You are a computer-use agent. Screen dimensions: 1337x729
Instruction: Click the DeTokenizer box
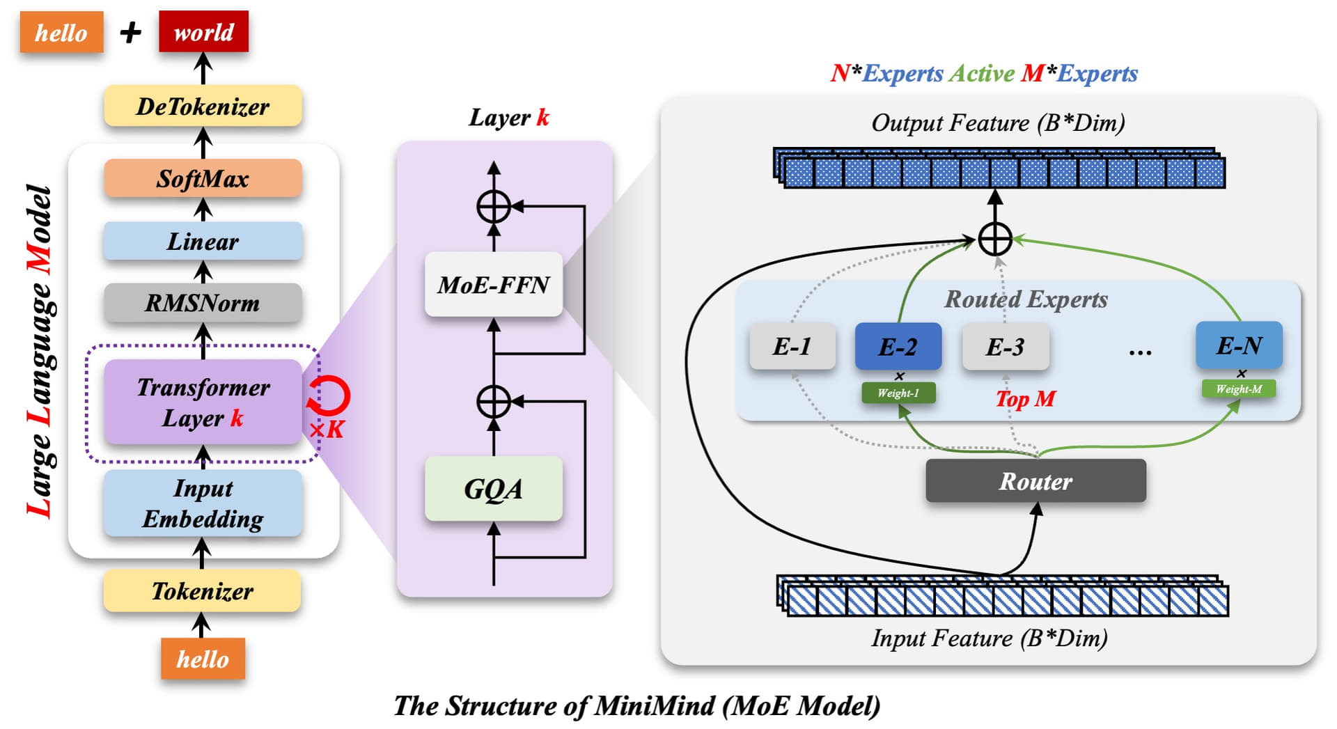tap(203, 106)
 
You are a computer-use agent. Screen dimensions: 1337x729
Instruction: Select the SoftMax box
tap(203, 178)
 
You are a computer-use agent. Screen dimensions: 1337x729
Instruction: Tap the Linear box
tap(203, 241)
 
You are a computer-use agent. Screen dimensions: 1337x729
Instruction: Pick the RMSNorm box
tap(203, 302)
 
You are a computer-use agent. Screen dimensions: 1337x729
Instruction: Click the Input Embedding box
tap(203, 503)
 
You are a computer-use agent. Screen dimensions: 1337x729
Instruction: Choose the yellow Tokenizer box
tap(202, 590)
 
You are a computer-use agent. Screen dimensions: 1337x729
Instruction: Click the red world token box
tap(203, 31)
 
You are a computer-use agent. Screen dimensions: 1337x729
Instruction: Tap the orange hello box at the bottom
tap(203, 658)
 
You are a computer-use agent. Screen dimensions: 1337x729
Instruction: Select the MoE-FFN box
tap(494, 284)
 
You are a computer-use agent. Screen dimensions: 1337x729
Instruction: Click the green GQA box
tap(494, 488)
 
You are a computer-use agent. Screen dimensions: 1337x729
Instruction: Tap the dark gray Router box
tap(1035, 480)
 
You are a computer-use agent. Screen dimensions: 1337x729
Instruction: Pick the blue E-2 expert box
tap(898, 346)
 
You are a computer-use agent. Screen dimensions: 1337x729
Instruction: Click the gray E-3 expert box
tap(1006, 346)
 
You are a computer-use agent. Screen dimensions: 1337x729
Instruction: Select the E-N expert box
tap(1239, 345)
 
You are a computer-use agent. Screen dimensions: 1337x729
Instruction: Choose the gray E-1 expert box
tap(792, 346)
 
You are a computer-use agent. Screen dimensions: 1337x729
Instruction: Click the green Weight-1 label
tap(898, 393)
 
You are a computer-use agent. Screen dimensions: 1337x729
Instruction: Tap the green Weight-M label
tap(1239, 389)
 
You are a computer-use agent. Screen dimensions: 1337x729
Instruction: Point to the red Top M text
tap(1026, 399)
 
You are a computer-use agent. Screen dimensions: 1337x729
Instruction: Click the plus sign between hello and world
tap(131, 32)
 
